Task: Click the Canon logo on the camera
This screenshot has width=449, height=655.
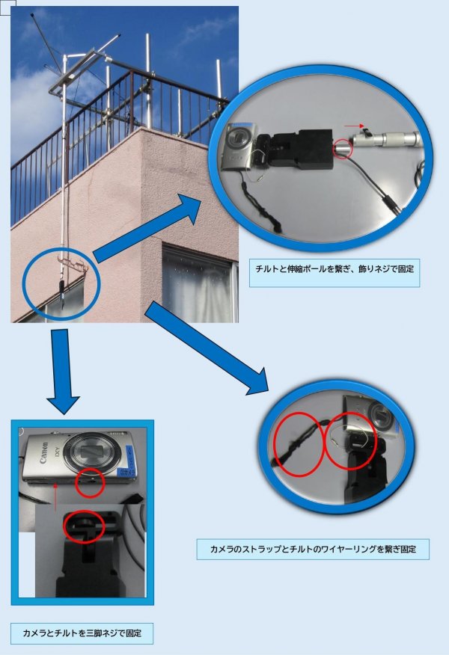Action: click(x=44, y=453)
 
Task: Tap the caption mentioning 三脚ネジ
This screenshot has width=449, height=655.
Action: click(x=82, y=633)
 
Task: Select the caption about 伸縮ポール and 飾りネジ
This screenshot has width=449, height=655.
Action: click(x=335, y=269)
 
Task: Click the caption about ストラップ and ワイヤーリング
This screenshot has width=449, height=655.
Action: click(x=313, y=549)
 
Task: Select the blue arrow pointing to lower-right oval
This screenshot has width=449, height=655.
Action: click(x=207, y=348)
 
